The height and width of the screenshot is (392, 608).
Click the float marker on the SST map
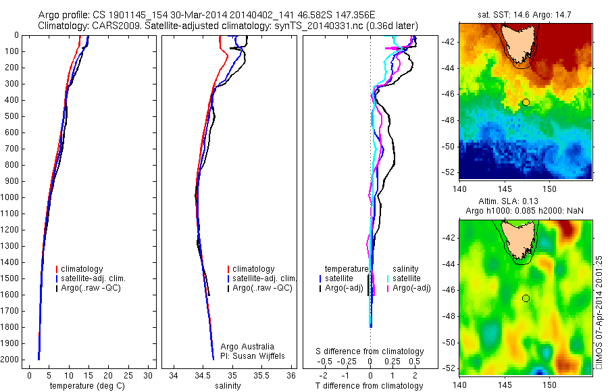pos(526,102)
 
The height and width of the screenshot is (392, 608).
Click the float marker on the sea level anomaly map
pos(526,298)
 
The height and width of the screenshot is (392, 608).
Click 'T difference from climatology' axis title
pos(370,386)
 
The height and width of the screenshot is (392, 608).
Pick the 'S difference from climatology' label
pos(370,351)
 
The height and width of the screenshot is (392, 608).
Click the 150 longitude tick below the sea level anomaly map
pos(550,385)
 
